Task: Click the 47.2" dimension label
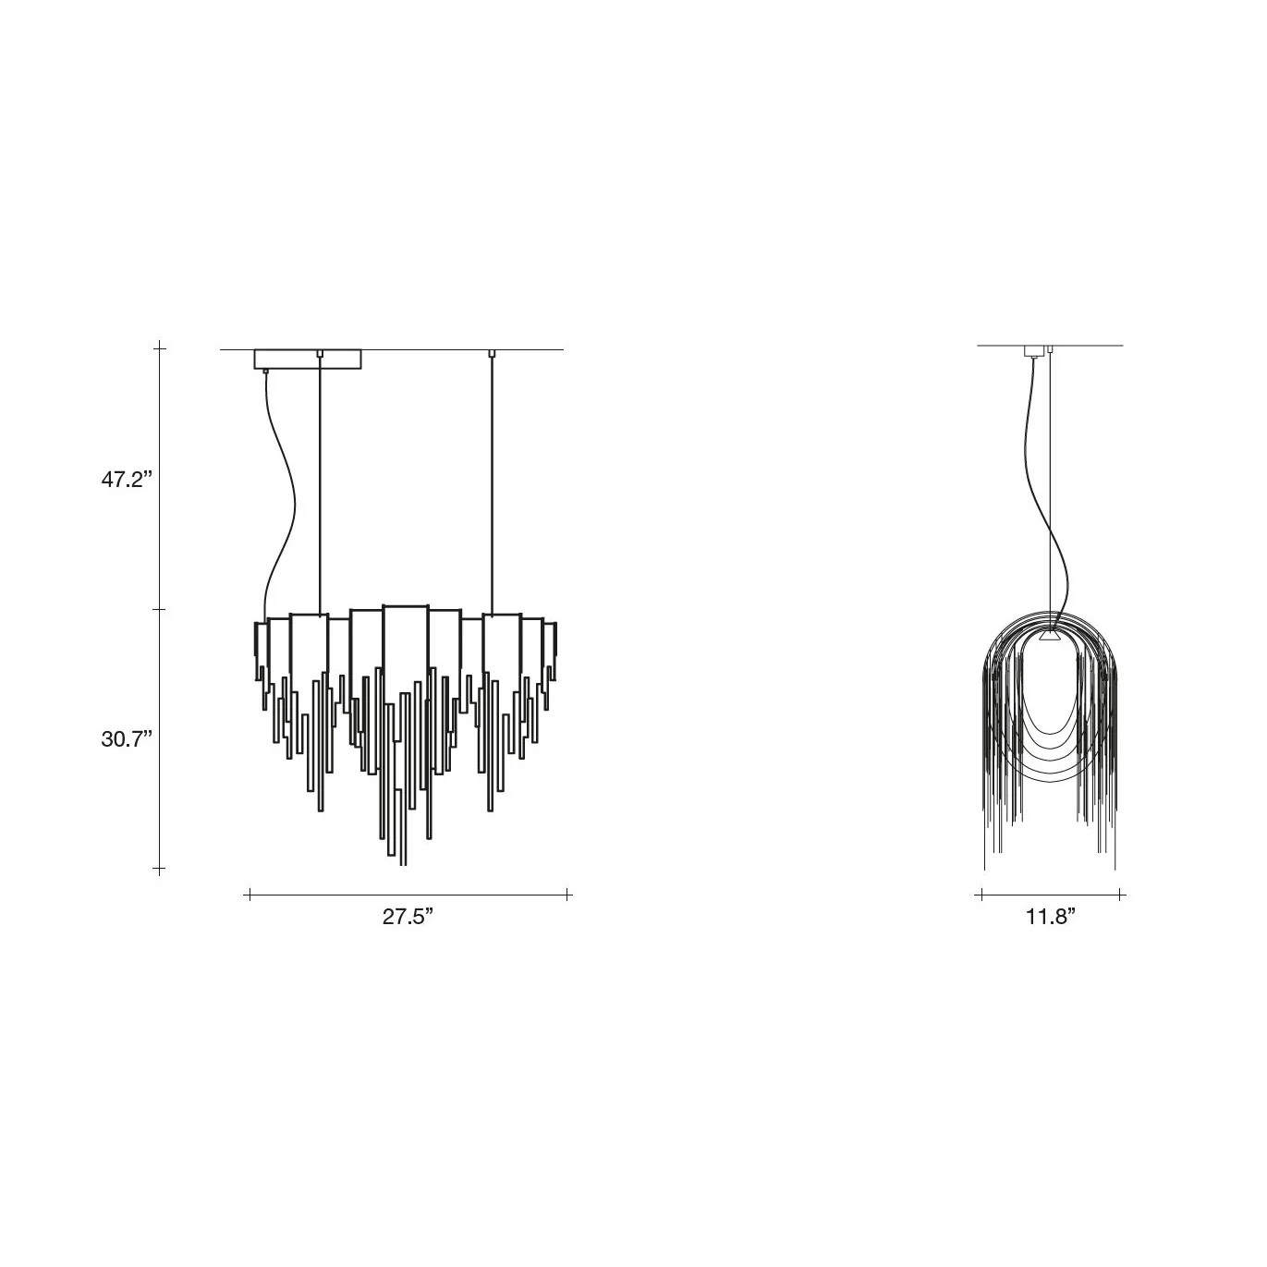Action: point(127,480)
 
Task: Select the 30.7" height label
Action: point(127,739)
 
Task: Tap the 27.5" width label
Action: point(408,917)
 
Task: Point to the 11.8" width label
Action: point(1051,917)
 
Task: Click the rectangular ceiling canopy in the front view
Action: point(308,359)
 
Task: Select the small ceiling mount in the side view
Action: point(1034,350)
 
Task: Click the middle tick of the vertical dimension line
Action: point(159,610)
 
